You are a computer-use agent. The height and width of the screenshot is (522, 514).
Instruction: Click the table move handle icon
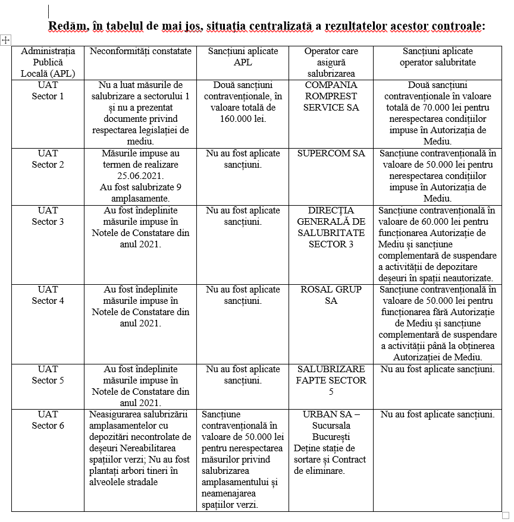[6, 40]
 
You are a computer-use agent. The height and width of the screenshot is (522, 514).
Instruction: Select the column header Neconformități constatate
[140, 51]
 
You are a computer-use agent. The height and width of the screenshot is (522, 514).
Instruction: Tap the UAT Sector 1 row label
[48, 90]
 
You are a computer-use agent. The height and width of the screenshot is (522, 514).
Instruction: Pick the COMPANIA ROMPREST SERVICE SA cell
[331, 96]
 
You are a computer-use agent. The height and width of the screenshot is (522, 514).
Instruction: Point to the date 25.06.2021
[140, 176]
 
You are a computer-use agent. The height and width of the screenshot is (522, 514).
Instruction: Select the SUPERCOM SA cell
[331, 153]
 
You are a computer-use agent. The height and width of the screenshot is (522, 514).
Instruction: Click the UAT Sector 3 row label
[48, 216]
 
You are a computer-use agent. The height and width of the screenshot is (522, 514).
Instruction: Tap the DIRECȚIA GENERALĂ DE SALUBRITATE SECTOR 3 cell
[331, 227]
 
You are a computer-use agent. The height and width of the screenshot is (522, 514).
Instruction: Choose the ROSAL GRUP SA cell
[331, 295]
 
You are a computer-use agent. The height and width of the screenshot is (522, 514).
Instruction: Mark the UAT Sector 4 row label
[48, 295]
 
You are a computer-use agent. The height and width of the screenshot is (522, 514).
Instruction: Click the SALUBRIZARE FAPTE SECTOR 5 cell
[331, 381]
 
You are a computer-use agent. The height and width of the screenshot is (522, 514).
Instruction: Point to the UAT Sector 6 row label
[48, 420]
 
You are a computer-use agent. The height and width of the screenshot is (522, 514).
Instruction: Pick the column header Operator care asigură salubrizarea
[331, 62]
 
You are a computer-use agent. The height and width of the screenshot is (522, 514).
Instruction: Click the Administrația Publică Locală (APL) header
[48, 62]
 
